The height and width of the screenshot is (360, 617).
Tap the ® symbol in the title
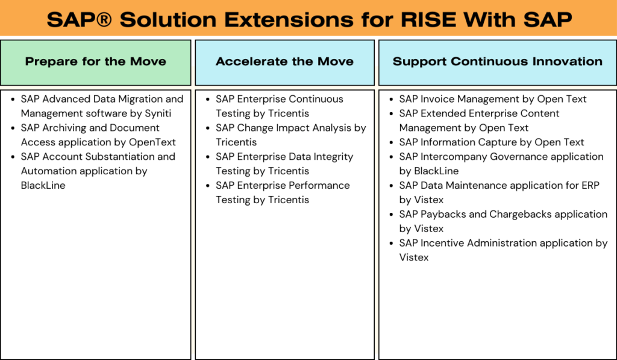point(104,19)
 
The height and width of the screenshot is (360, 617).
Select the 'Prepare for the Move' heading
point(96,62)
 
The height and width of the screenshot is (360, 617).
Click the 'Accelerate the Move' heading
point(284,62)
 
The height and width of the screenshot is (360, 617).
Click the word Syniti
point(158,113)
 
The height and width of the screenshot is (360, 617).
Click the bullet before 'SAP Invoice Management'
point(390,99)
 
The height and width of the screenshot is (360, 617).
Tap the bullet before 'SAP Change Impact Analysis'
point(207,128)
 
